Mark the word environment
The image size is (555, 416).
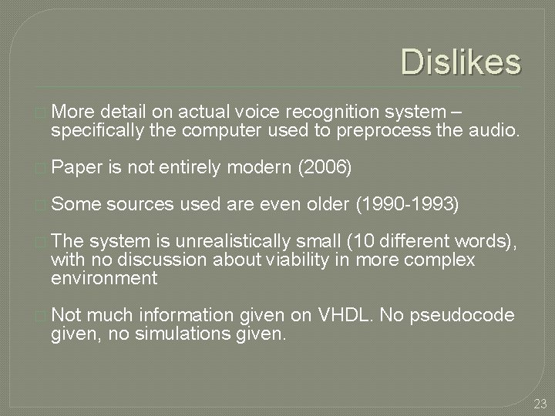click(104, 277)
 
